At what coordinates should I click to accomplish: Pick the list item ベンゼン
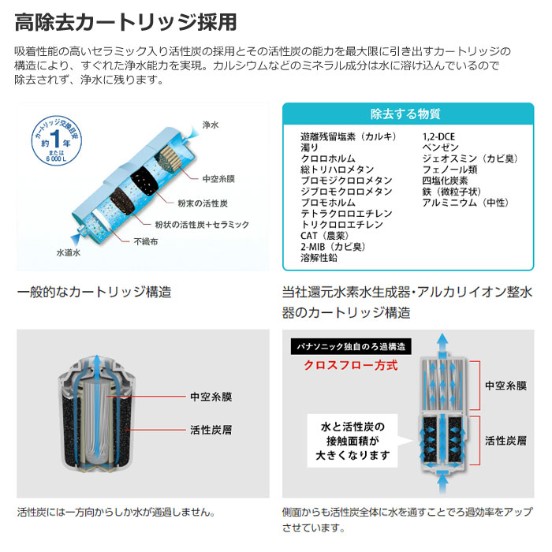click(x=440, y=147)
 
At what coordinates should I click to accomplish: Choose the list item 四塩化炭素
click(x=446, y=181)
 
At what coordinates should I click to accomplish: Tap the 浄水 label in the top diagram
click(x=211, y=126)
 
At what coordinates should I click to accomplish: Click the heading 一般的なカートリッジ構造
click(x=95, y=292)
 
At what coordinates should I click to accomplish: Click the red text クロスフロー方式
click(x=352, y=365)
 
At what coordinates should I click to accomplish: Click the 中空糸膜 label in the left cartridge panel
click(x=211, y=397)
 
